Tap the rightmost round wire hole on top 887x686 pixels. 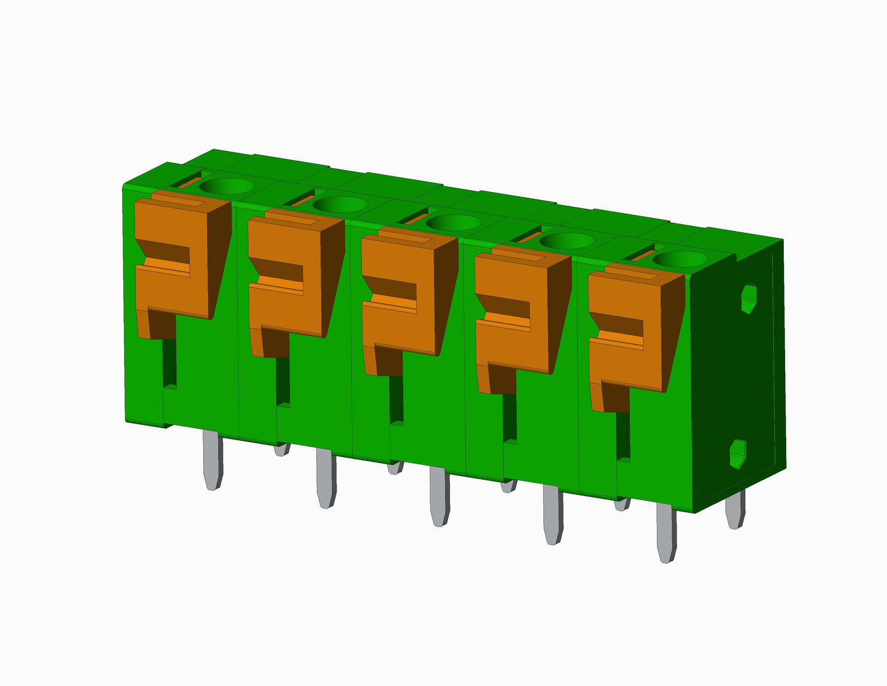point(679,259)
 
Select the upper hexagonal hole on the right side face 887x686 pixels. point(748,298)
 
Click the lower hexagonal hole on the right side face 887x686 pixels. point(737,454)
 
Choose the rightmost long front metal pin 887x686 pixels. point(666,531)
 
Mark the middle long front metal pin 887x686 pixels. point(439,495)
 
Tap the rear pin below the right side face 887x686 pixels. point(735,510)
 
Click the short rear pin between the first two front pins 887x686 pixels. point(282,450)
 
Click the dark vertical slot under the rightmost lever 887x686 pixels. point(623,436)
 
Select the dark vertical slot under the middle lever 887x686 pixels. point(397,400)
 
